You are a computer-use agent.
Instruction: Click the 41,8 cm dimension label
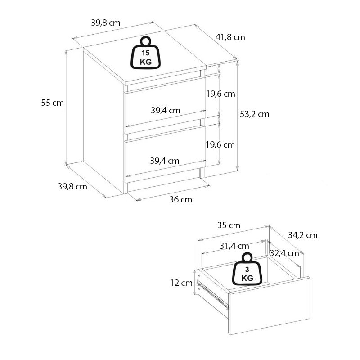coord(230,37)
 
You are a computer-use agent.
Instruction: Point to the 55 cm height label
coord(52,103)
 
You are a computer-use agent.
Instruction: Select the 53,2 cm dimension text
coord(254,114)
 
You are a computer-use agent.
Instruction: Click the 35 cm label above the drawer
coord(229,225)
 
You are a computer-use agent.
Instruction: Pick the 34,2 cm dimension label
coord(302,235)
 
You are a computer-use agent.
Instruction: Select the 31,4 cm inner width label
coord(234,246)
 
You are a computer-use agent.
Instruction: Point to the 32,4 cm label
coord(284,253)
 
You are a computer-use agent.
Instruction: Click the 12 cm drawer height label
coord(181,283)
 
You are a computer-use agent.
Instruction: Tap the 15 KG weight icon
coord(145,54)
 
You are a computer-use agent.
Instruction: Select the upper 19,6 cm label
coord(220,94)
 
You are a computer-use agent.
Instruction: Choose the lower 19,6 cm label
coord(220,144)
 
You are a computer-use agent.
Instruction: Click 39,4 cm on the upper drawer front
coord(165,110)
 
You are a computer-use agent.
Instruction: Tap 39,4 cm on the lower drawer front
coord(165,160)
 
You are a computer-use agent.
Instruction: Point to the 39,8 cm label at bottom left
coord(72,186)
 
